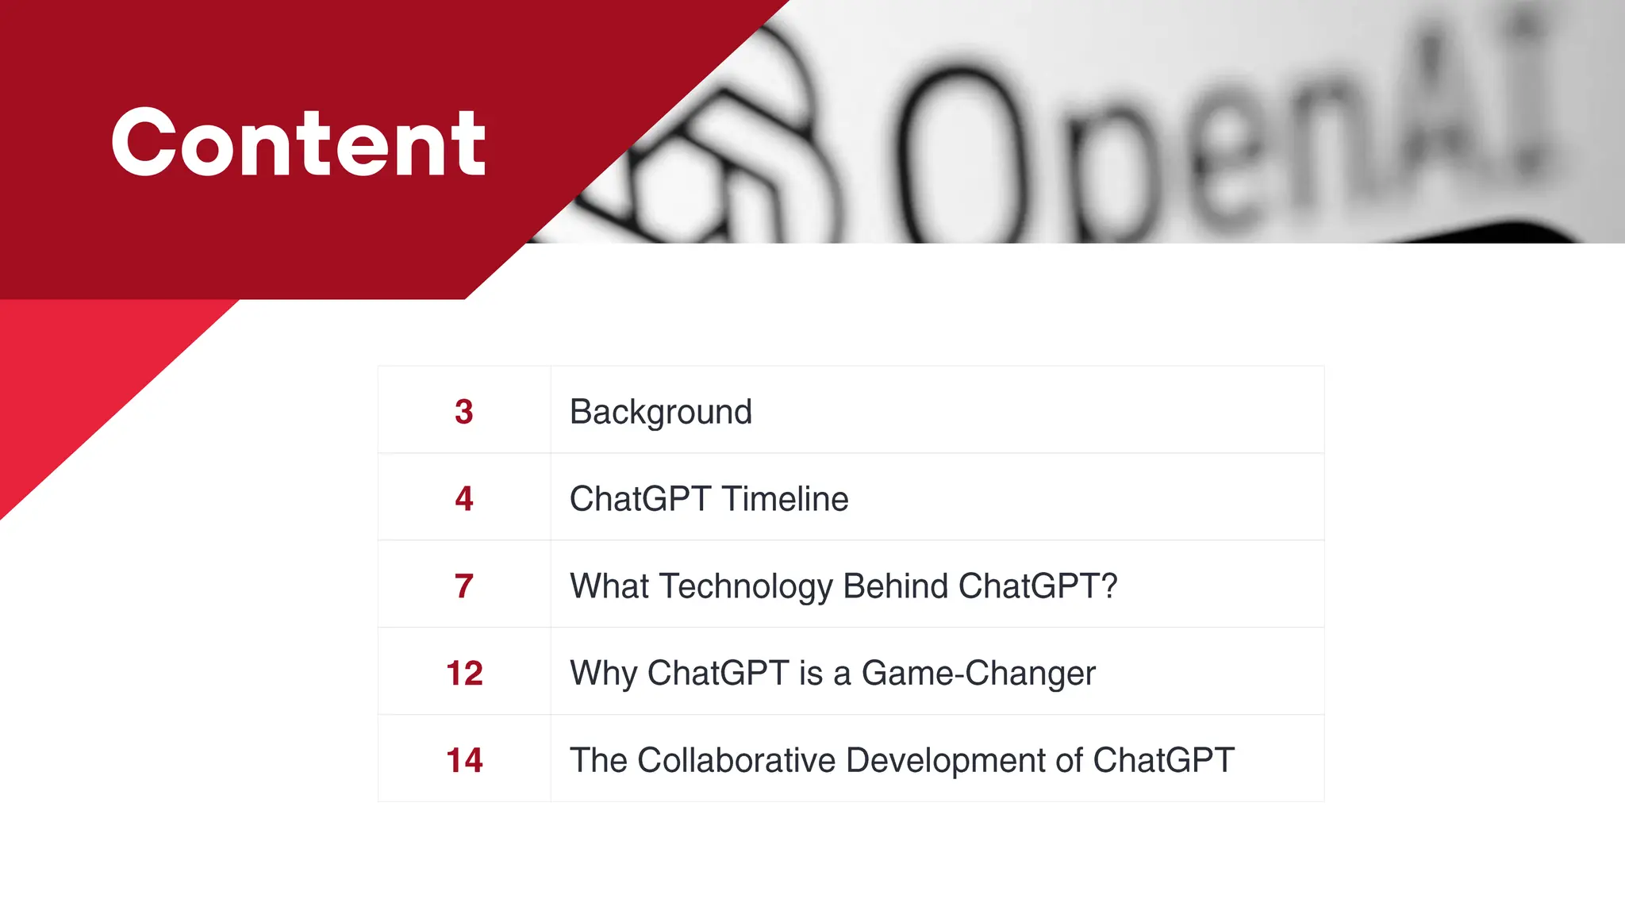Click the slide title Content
pyautogui.click(x=298, y=143)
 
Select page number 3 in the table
pyautogui.click(x=464, y=412)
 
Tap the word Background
pyautogui.click(x=660, y=412)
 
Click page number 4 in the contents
pyautogui.click(x=464, y=499)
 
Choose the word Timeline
pyautogui.click(x=785, y=499)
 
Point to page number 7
pyautogui.click(x=464, y=586)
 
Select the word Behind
pyautogui.click(x=896, y=586)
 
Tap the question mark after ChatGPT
pyautogui.click(x=1109, y=586)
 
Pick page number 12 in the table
pyautogui.click(x=464, y=674)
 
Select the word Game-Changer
pyautogui.click(x=978, y=674)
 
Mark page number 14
pyautogui.click(x=464, y=760)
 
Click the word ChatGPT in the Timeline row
pyautogui.click(x=640, y=499)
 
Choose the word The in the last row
pyautogui.click(x=598, y=760)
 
